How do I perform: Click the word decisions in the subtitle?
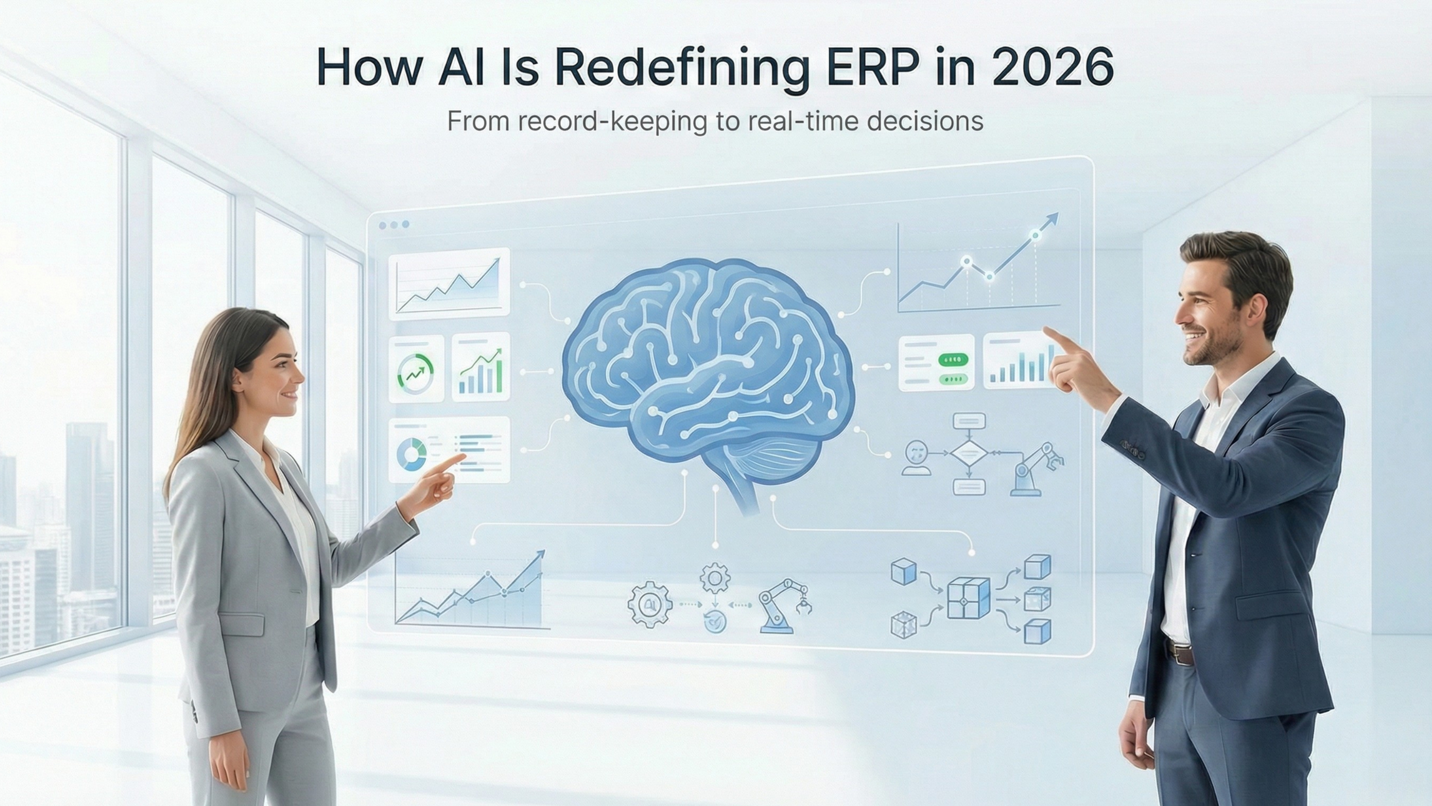tap(925, 121)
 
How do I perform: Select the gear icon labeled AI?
tap(649, 604)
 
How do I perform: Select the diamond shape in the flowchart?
tap(969, 454)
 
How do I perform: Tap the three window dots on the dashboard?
tap(394, 225)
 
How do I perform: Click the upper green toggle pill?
tap(953, 360)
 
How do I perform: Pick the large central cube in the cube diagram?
tap(969, 598)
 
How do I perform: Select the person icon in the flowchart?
tap(916, 458)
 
